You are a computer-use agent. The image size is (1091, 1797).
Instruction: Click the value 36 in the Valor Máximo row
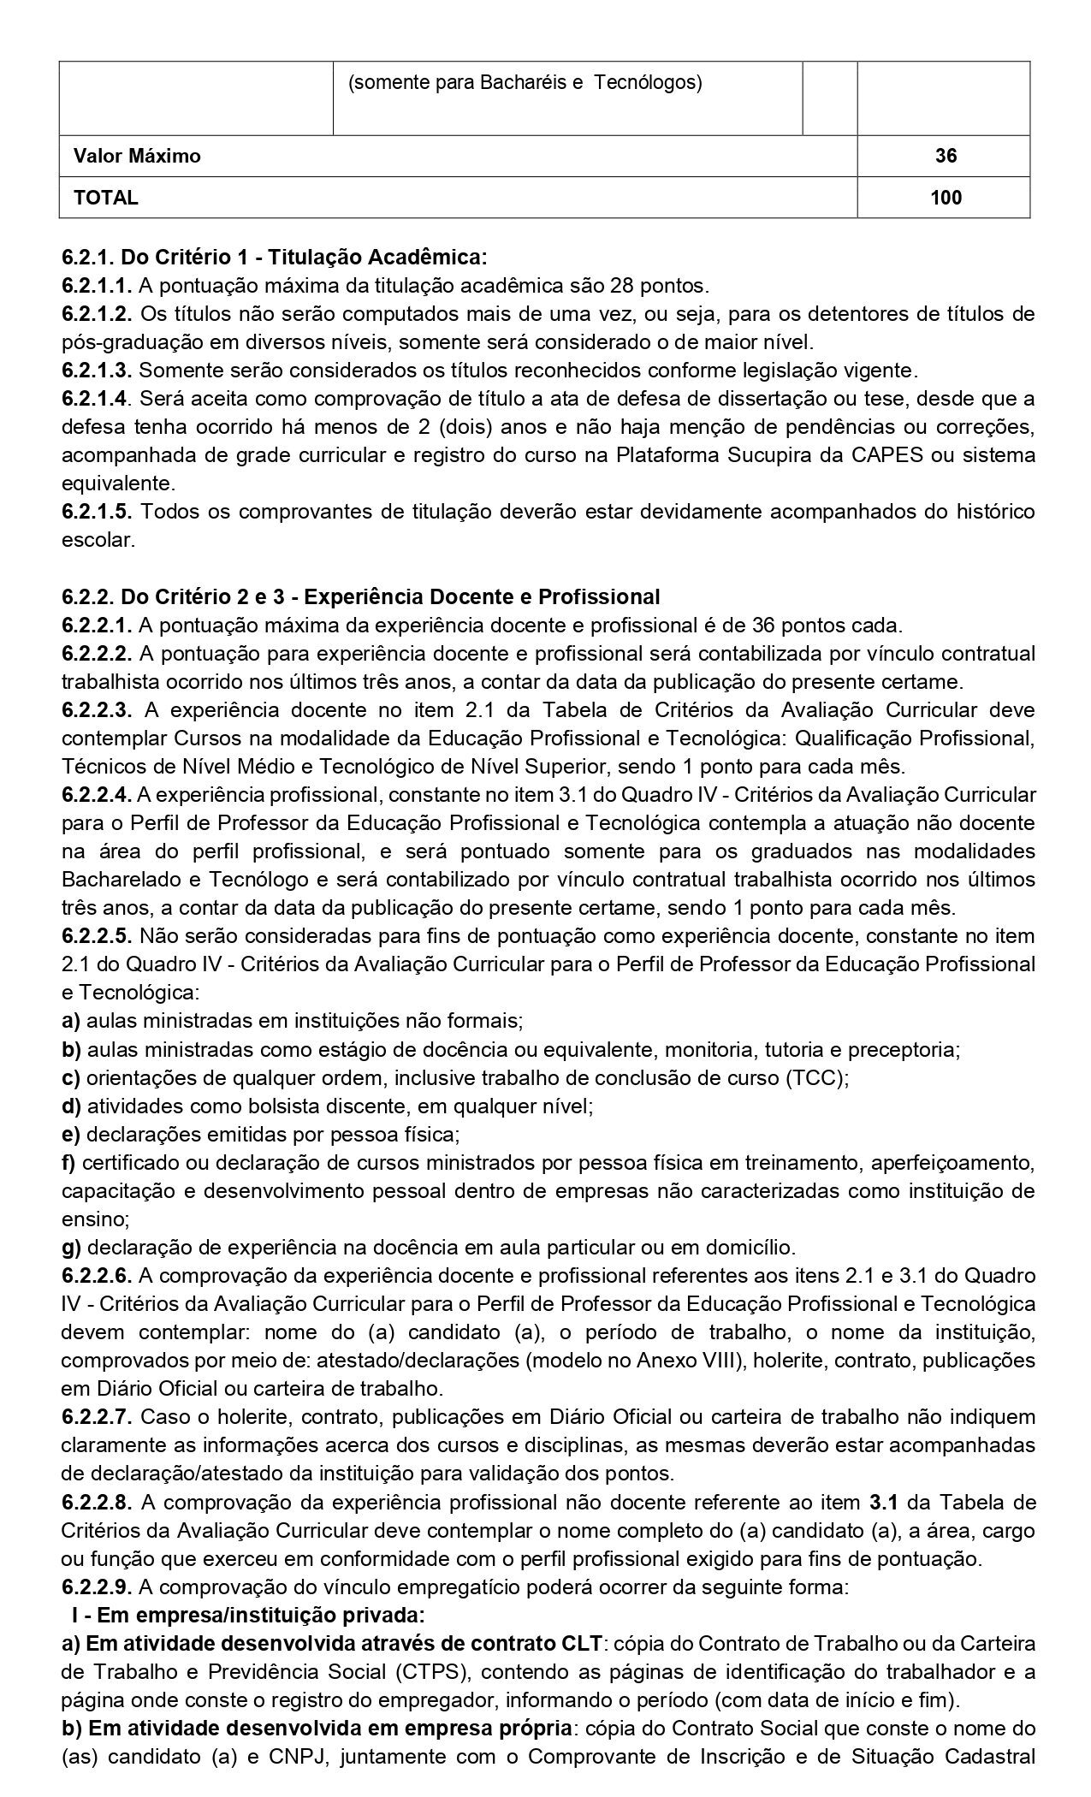point(946,156)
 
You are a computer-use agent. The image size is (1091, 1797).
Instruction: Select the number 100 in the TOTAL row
point(946,198)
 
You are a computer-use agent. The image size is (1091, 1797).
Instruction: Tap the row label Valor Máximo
point(137,156)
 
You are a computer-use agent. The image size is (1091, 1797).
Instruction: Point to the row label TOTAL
point(105,198)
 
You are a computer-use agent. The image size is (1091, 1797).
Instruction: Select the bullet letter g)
point(71,1247)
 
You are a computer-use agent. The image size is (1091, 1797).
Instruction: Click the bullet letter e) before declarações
point(71,1135)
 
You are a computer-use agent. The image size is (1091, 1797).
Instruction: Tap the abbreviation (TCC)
point(816,1078)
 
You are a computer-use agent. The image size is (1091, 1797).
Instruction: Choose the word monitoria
point(709,1049)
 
